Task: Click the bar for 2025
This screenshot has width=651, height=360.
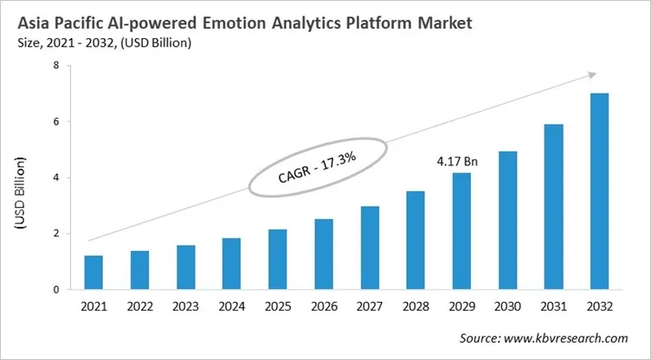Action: coord(277,259)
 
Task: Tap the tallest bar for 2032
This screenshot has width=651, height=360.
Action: coord(599,191)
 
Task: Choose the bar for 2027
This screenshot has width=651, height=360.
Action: coord(370,247)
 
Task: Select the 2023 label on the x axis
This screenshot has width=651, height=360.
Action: coord(185,305)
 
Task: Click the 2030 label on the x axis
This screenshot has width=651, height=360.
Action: coord(507,305)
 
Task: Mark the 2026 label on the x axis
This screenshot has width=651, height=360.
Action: coord(323,305)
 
